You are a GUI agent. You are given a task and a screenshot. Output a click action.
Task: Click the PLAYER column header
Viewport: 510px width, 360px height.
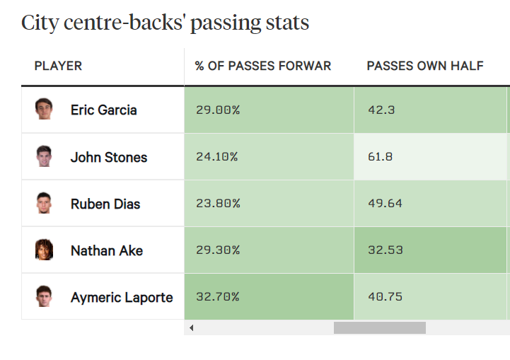pyautogui.click(x=58, y=66)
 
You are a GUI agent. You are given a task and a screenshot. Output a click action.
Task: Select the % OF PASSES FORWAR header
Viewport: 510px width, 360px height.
pyautogui.click(x=263, y=66)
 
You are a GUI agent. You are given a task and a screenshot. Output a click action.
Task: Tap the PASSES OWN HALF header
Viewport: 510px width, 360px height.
pyautogui.click(x=425, y=66)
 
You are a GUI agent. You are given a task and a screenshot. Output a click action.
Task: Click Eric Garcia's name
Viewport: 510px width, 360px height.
pyautogui.click(x=104, y=110)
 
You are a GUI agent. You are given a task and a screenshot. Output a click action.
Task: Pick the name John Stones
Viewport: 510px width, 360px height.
pyautogui.click(x=109, y=157)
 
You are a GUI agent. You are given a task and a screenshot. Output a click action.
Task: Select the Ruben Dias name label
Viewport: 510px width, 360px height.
pyautogui.click(x=105, y=204)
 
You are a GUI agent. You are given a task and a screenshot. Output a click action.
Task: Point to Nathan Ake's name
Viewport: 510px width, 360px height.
pyautogui.click(x=107, y=250)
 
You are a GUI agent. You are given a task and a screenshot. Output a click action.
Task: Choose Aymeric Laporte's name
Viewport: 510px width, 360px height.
pyautogui.click(x=122, y=297)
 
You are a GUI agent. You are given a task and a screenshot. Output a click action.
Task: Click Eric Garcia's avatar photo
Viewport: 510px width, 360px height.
pyautogui.click(x=44, y=109)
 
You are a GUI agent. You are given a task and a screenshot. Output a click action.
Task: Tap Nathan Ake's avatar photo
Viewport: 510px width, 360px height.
pyautogui.click(x=44, y=250)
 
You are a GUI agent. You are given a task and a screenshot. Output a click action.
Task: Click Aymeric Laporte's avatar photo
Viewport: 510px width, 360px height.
pyautogui.click(x=44, y=296)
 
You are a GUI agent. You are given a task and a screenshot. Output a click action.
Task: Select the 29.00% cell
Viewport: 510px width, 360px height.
pyautogui.click(x=218, y=110)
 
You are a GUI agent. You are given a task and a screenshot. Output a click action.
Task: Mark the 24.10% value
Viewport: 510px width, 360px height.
pyautogui.click(x=217, y=156)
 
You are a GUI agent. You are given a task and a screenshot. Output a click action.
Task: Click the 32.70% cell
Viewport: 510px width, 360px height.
pyautogui.click(x=218, y=296)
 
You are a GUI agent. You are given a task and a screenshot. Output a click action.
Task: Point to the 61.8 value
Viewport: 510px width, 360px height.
pyautogui.click(x=381, y=156)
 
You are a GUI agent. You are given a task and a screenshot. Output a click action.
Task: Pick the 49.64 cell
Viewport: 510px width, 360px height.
pyautogui.click(x=385, y=203)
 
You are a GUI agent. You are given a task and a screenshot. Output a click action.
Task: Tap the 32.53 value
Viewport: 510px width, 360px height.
pyautogui.click(x=385, y=250)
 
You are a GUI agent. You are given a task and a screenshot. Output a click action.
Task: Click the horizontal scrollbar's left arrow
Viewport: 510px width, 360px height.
pyautogui.click(x=191, y=328)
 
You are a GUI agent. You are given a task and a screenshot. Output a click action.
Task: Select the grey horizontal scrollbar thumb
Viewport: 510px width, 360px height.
pyautogui.click(x=379, y=328)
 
